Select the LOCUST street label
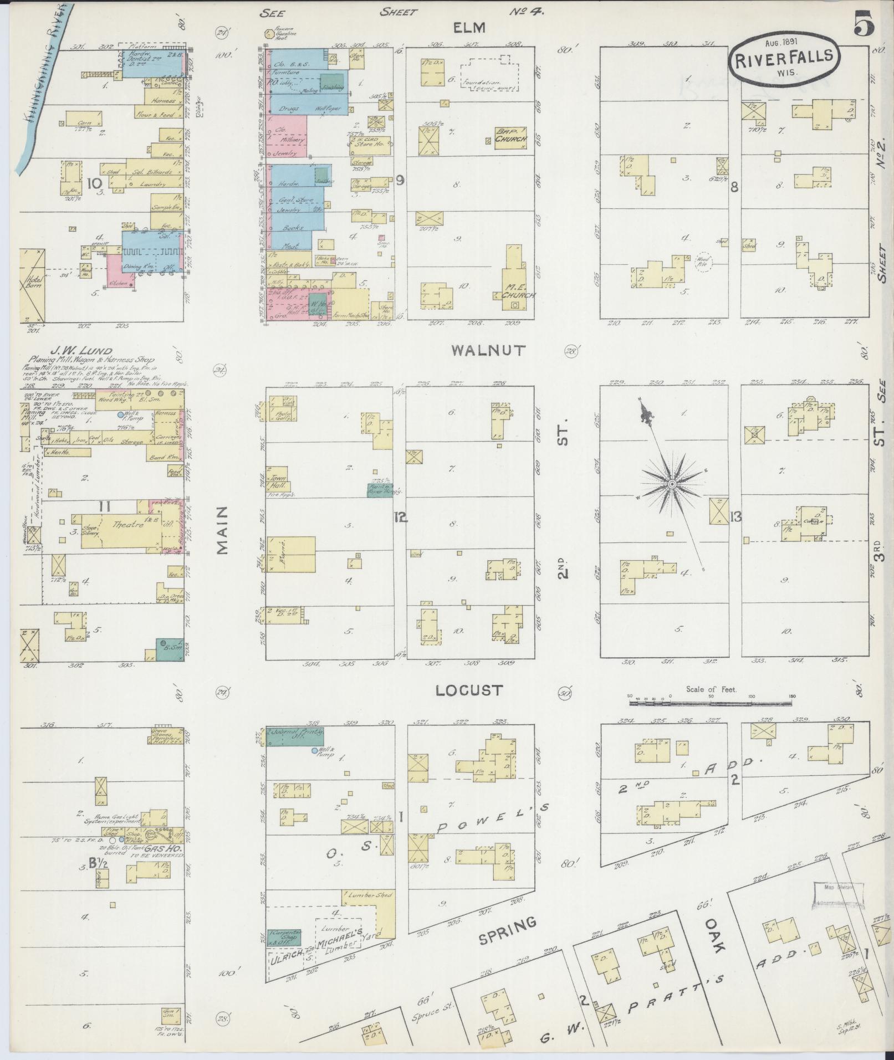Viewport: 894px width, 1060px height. [x=469, y=690]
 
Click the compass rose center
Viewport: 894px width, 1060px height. [x=671, y=484]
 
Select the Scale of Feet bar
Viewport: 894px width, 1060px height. [x=710, y=702]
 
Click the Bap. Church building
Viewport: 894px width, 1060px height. [x=510, y=138]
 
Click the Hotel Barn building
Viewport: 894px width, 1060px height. [x=32, y=285]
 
